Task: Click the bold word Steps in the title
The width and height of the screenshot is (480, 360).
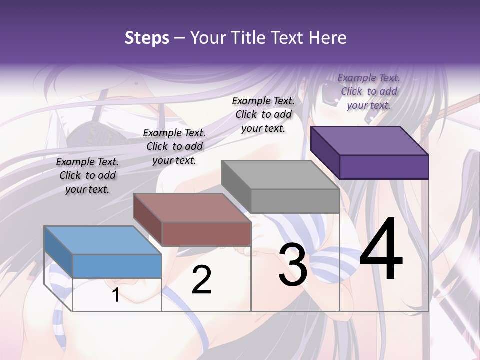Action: click(147, 38)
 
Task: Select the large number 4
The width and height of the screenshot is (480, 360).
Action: click(381, 250)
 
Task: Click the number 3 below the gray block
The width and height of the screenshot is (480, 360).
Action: click(293, 265)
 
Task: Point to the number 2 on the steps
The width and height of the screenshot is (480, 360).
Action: click(202, 280)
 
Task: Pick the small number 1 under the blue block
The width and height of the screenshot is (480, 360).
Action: click(116, 295)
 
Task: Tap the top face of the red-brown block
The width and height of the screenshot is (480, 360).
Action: click(191, 207)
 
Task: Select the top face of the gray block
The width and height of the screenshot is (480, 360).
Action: click(280, 174)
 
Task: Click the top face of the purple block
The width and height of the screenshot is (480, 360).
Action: click(369, 140)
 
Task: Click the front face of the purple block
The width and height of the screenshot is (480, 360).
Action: click(384, 167)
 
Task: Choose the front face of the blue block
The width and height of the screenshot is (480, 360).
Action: click(117, 266)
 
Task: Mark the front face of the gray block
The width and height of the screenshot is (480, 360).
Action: click(295, 201)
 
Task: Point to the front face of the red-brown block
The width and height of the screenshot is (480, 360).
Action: click(206, 233)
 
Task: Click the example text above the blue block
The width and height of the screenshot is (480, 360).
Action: click(87, 176)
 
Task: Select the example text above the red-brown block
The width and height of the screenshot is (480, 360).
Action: click(174, 147)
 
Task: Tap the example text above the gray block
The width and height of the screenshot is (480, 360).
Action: click(263, 115)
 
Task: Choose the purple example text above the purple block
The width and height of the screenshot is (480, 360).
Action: click(369, 91)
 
